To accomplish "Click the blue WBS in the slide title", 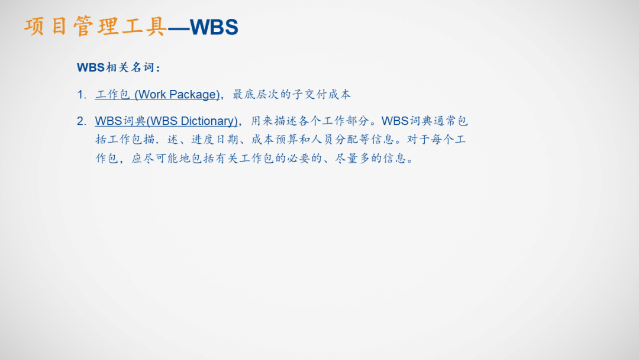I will click(x=215, y=27).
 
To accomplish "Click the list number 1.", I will click(x=81, y=95).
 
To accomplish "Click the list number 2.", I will click(x=81, y=121).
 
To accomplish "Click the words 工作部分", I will click(x=349, y=121).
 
